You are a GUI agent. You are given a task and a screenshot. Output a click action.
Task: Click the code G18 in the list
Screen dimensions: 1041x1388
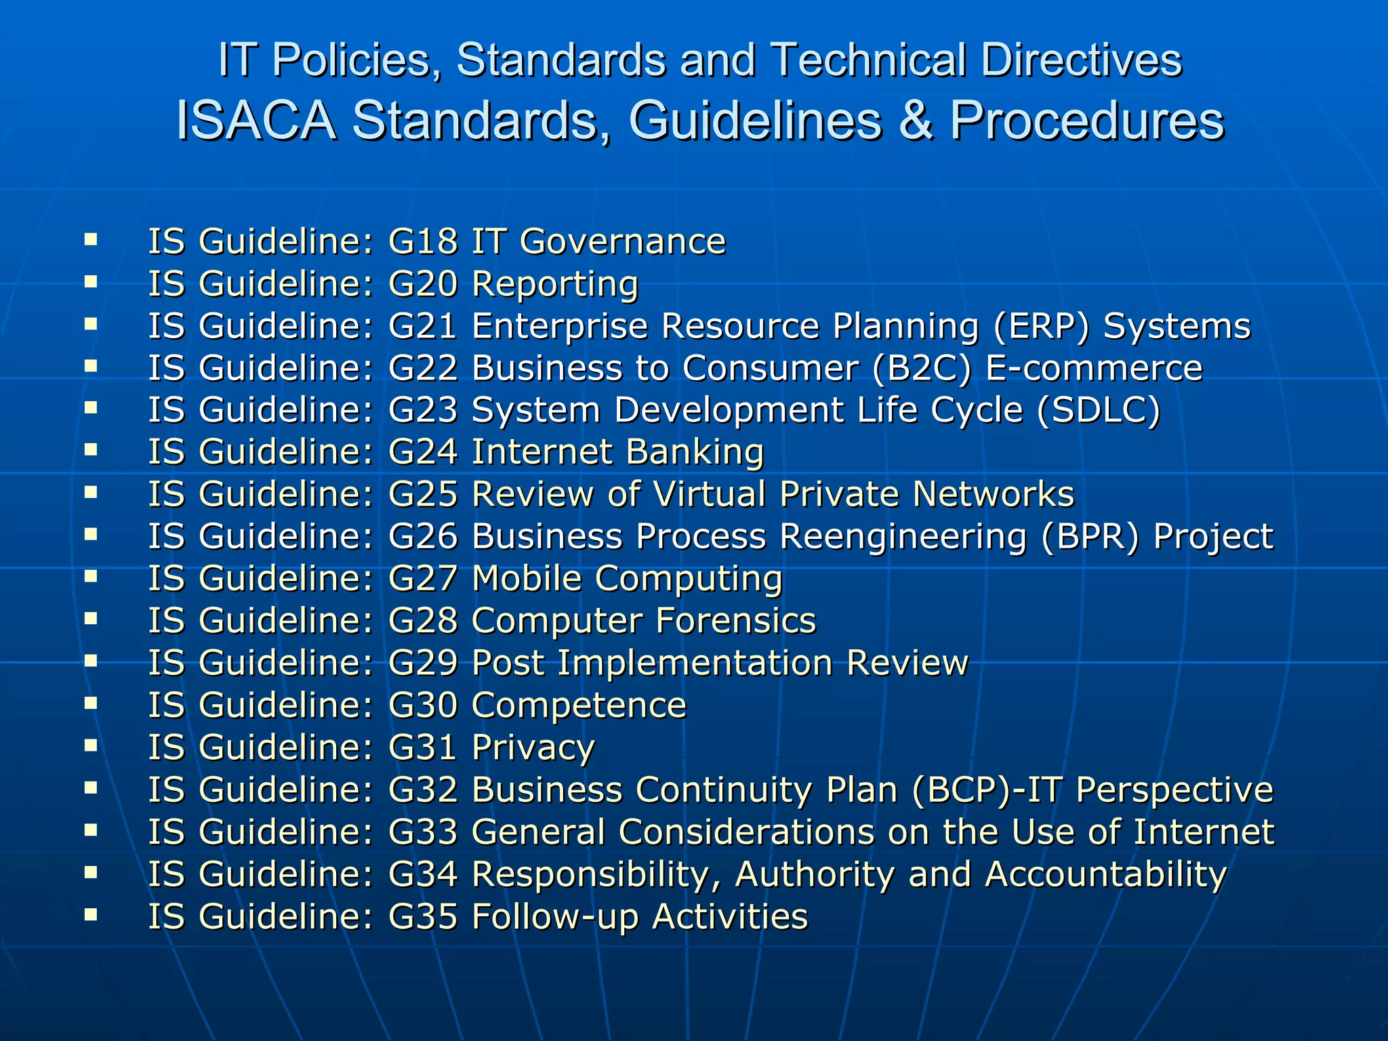[x=423, y=241]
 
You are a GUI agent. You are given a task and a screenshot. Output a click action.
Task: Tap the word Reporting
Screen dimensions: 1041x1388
[x=555, y=285]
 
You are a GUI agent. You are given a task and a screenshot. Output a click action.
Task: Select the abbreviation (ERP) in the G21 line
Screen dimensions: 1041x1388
[x=1042, y=326]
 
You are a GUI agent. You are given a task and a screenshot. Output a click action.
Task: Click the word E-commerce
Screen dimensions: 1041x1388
[x=1094, y=368]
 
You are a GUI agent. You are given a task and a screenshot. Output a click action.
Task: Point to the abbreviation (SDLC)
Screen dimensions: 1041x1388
[x=1099, y=411]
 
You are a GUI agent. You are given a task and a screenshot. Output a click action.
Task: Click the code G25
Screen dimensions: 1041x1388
[x=423, y=494]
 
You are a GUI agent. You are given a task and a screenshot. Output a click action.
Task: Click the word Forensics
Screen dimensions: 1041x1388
[x=736, y=621]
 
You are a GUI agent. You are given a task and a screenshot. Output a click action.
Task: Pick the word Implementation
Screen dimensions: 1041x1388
[x=695, y=663]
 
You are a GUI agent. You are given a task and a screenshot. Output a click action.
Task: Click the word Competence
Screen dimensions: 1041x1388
[x=579, y=706]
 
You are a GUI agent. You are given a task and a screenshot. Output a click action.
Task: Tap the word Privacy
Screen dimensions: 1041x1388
[x=533, y=748]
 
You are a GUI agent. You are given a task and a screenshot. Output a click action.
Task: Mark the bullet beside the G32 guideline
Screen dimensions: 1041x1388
[x=91, y=788]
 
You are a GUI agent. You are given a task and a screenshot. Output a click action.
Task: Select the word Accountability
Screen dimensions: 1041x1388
[x=1105, y=874]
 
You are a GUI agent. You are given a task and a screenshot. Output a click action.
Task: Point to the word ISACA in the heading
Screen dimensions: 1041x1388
[x=256, y=121]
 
